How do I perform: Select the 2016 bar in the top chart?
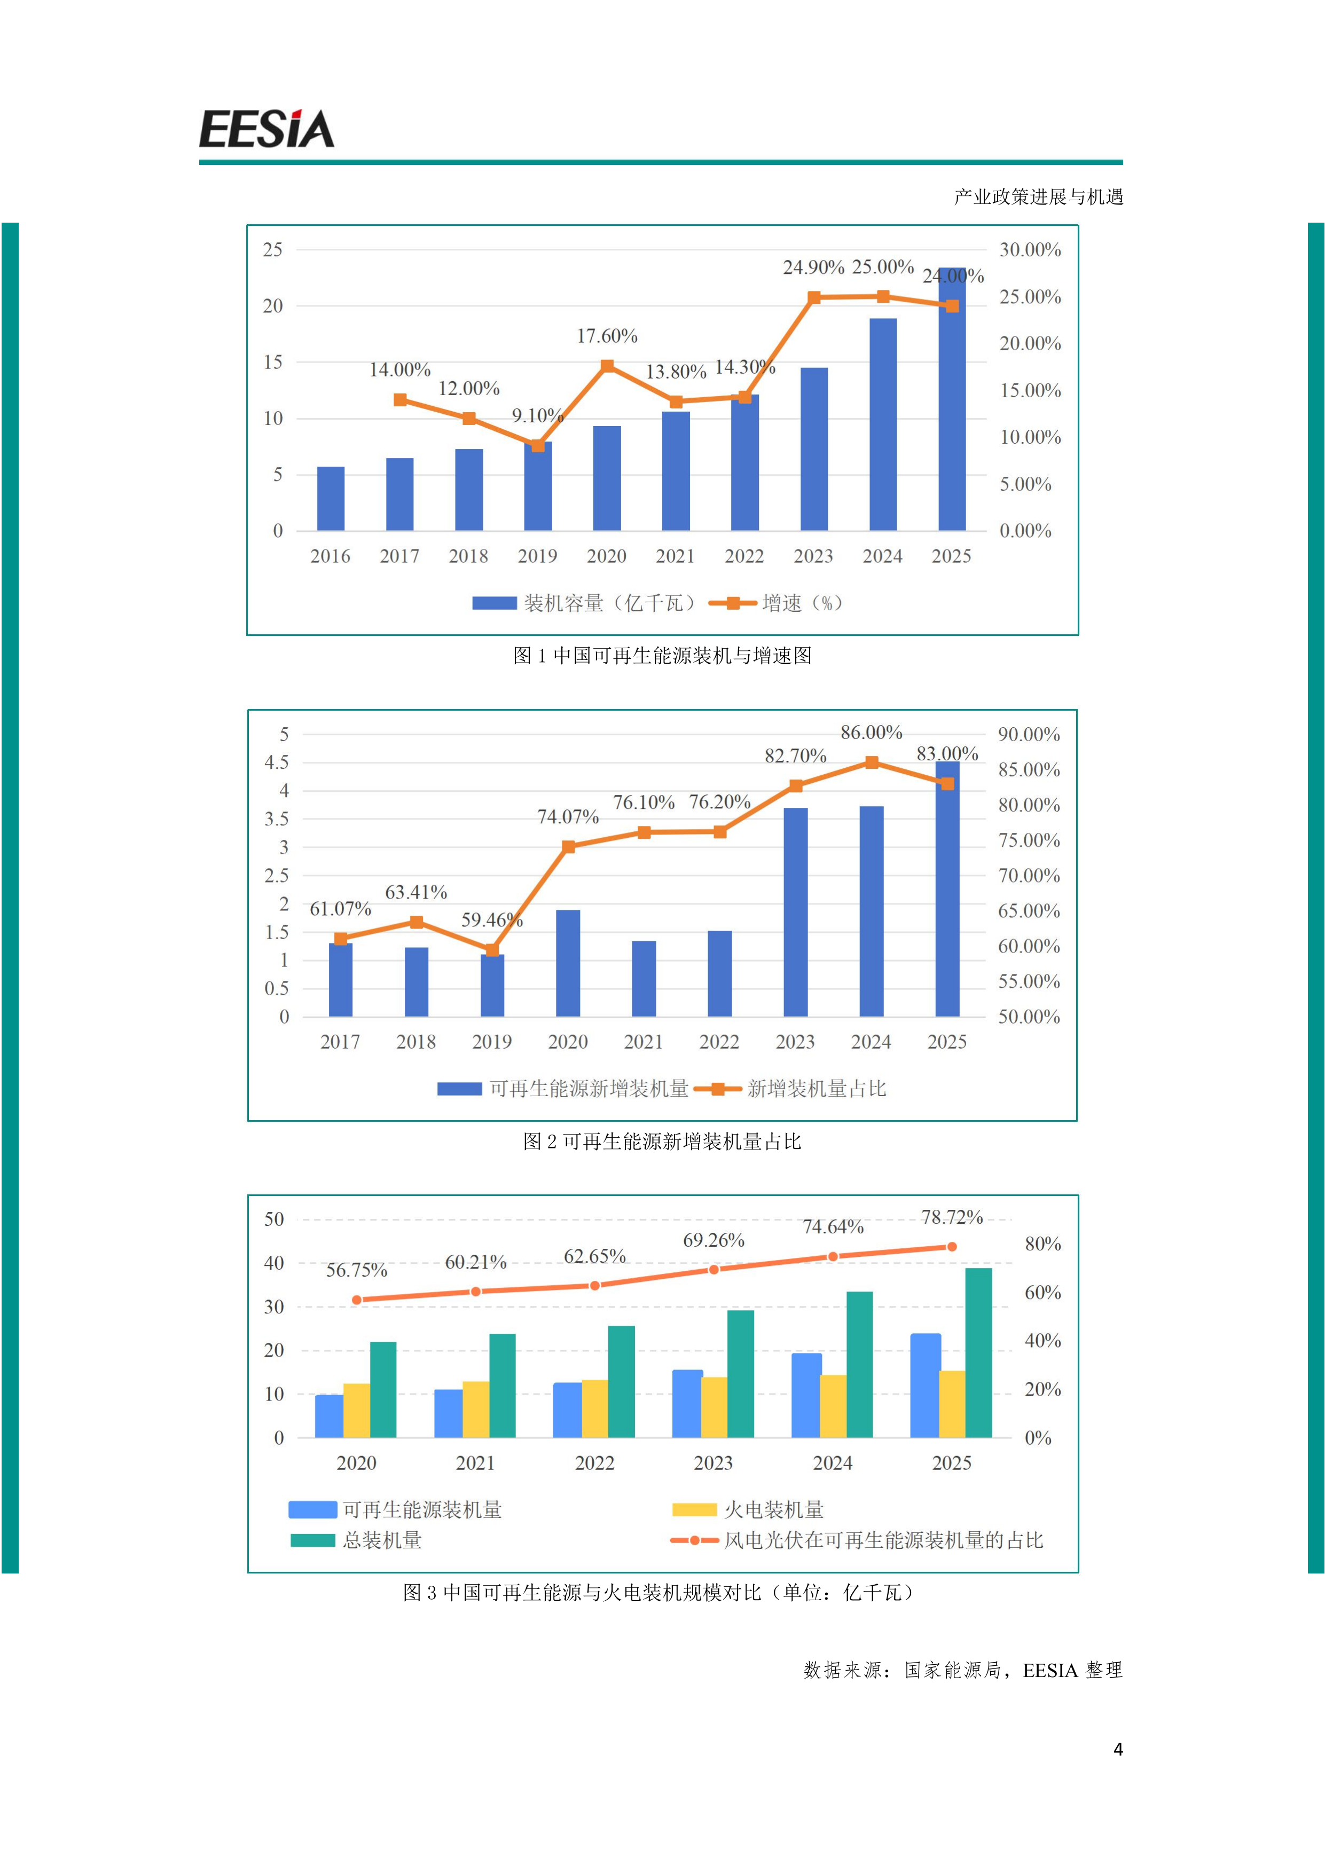(331, 499)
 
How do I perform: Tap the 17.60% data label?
(607, 336)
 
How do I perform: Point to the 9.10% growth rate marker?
(538, 445)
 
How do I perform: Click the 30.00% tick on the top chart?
(1030, 250)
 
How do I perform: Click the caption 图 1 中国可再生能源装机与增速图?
(662, 656)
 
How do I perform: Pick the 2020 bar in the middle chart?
(568, 963)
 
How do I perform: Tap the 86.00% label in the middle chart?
(872, 733)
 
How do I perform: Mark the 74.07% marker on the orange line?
(569, 847)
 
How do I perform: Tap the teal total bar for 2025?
(979, 1352)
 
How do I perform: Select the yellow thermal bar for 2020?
(357, 1411)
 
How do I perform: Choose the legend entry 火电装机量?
(748, 1509)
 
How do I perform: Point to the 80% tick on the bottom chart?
(1042, 1244)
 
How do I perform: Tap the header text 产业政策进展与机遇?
(1039, 196)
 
